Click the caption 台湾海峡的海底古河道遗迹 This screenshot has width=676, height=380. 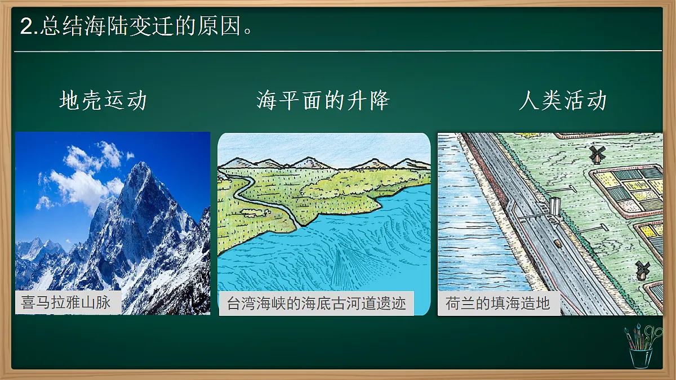tap(316, 304)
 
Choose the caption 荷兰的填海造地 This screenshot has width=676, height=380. tap(497, 304)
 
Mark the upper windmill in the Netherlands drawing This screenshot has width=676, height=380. tap(597, 153)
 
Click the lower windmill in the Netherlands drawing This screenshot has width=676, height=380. tap(641, 270)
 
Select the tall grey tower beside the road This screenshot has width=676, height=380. tap(555, 206)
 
